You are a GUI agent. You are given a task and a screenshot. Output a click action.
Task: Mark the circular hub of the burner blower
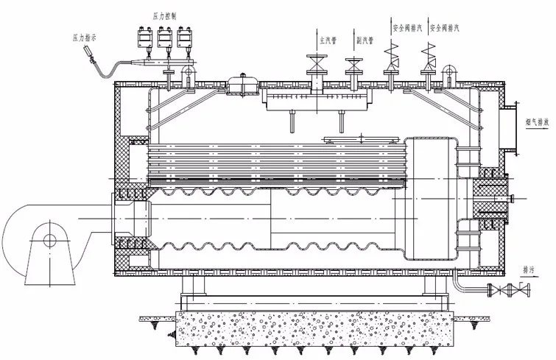pyautogui.click(x=49, y=239)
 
